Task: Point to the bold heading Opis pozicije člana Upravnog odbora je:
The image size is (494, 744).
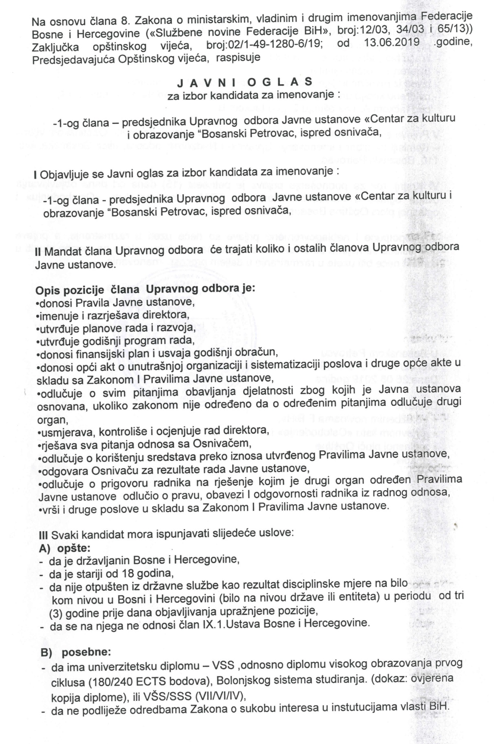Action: (x=145, y=290)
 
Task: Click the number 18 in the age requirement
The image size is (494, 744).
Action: (x=130, y=574)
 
